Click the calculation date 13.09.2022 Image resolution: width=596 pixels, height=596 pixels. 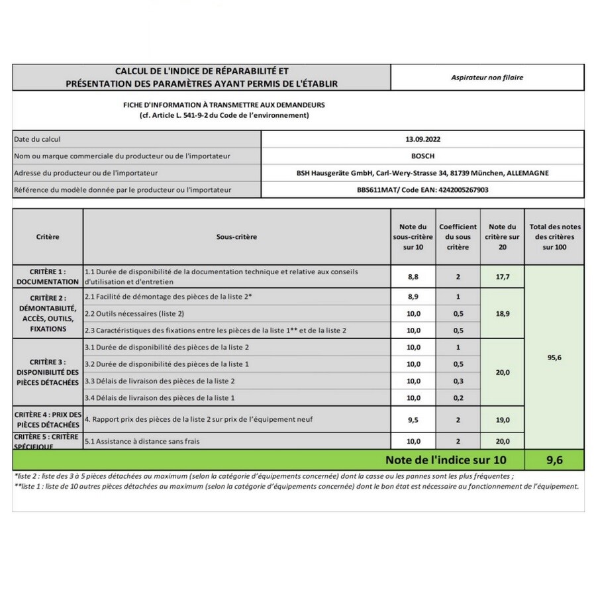click(422, 139)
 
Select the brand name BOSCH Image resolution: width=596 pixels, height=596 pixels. click(422, 156)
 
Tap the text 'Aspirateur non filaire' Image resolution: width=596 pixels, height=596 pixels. click(487, 77)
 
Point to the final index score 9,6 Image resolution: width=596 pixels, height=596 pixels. click(554, 460)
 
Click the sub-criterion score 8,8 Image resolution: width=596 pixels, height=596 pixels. click(413, 277)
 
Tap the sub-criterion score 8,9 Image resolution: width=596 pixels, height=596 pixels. click(413, 297)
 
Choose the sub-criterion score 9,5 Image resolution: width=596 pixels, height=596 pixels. click(413, 419)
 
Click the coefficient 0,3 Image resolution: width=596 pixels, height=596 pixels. click(458, 381)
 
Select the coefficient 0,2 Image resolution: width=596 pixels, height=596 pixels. click(458, 397)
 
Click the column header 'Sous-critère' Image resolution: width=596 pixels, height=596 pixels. click(236, 236)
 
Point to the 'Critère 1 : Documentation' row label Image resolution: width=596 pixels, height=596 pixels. click(48, 277)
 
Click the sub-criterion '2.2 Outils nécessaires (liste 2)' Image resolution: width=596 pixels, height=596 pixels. click(134, 313)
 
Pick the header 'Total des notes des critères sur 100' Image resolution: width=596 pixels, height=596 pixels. click(554, 236)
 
